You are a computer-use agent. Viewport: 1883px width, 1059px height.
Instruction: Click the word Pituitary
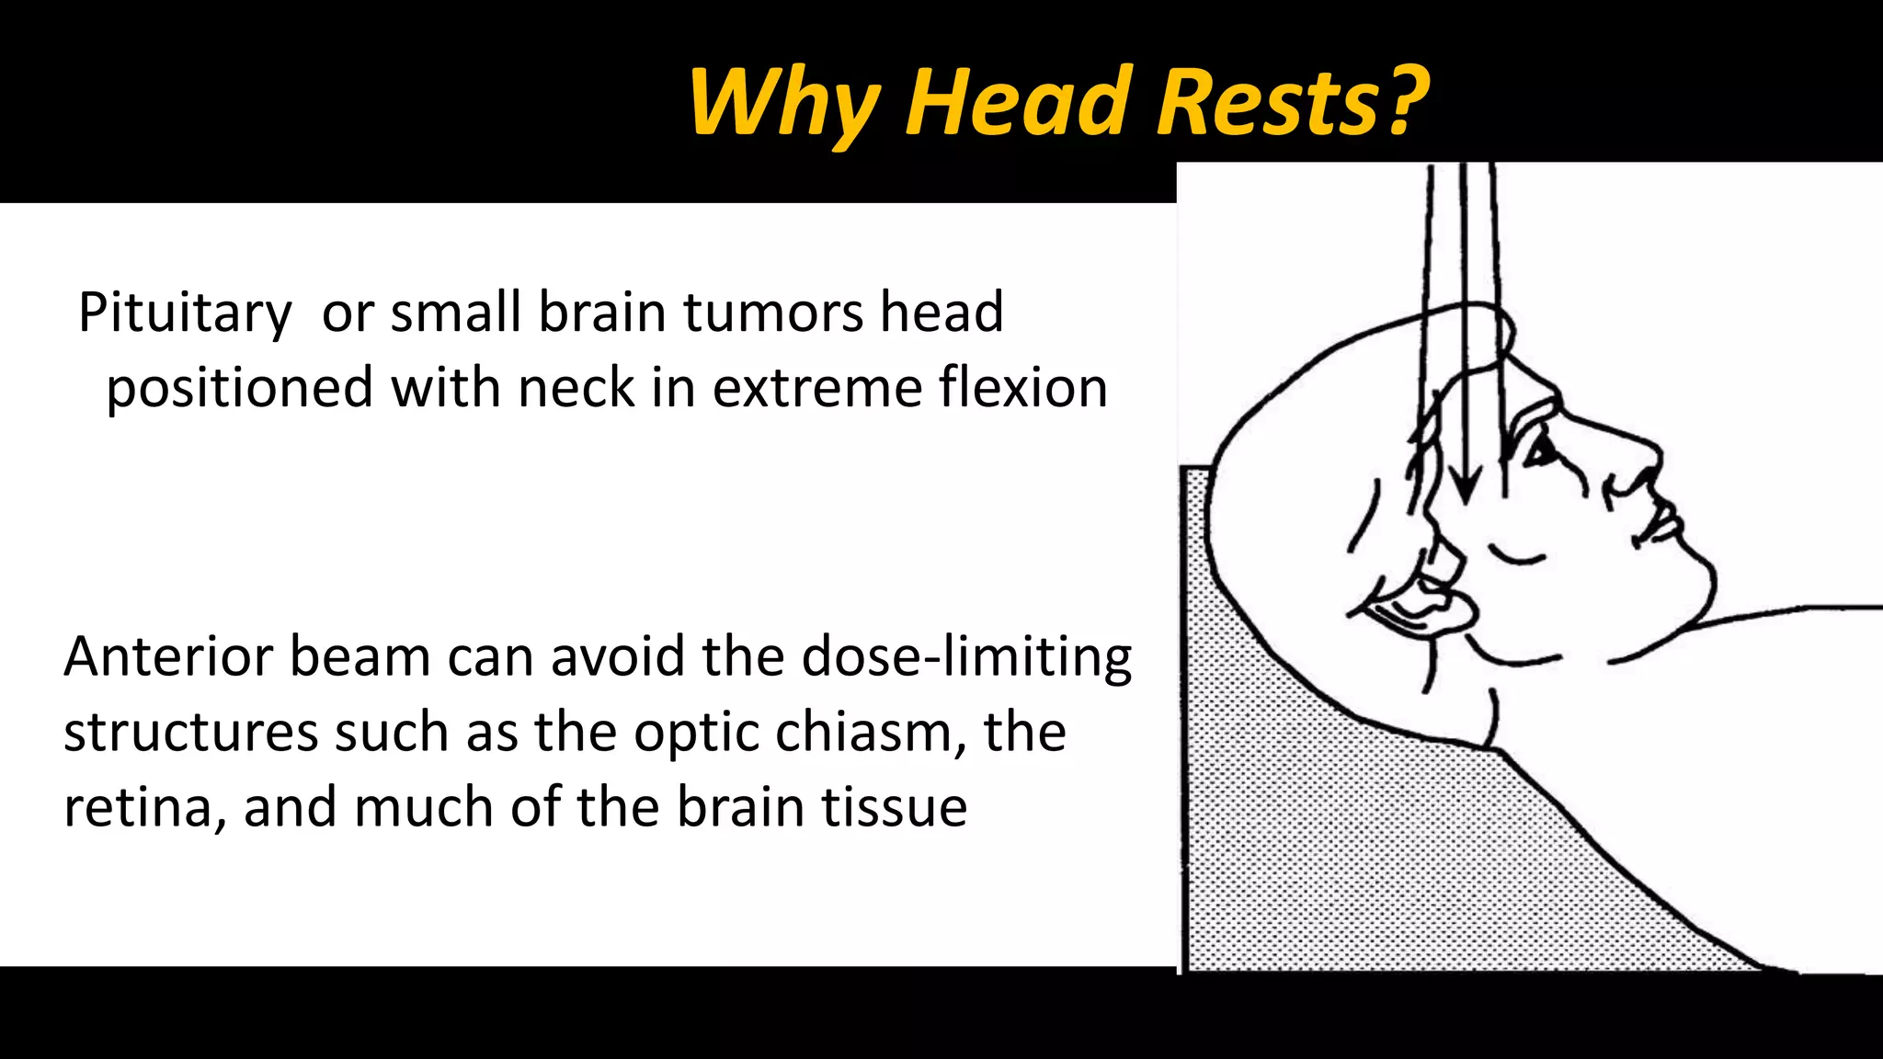click(185, 313)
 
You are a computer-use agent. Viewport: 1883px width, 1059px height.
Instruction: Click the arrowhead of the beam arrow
click(1466, 487)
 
